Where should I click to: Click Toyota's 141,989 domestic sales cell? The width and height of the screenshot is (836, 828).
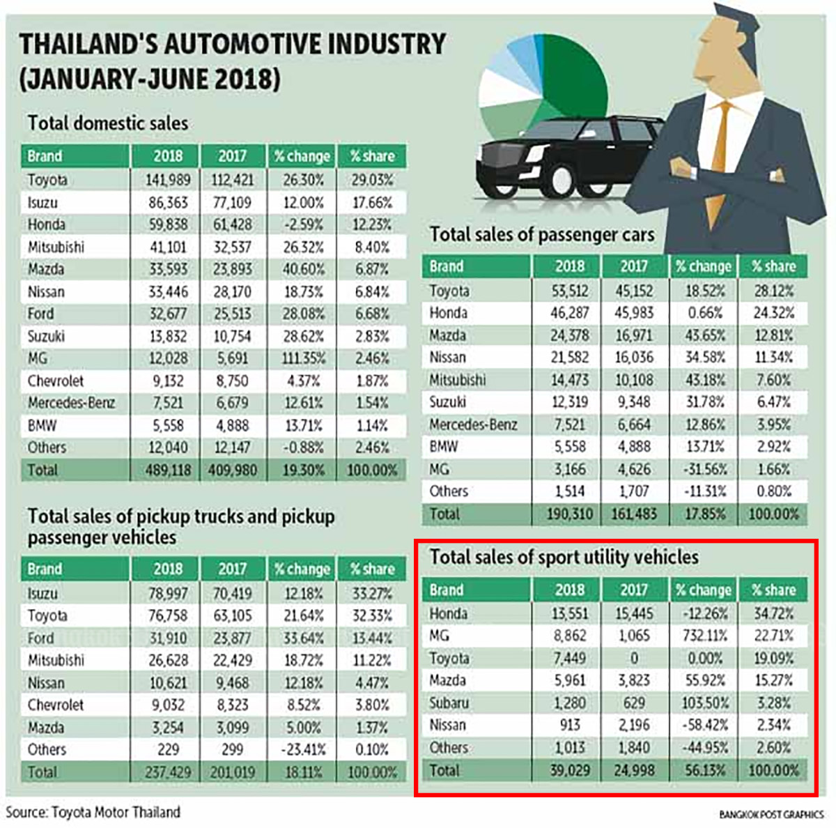(167, 180)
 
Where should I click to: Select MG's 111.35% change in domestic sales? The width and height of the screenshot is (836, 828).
(303, 358)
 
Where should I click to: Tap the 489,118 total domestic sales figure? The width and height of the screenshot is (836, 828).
(167, 470)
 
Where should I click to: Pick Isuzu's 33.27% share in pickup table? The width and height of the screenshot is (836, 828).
(372, 594)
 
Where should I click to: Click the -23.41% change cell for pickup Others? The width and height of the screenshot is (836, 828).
(303, 750)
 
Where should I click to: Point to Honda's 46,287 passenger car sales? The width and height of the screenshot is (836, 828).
(569, 313)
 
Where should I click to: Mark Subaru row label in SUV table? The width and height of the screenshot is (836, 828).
(449, 703)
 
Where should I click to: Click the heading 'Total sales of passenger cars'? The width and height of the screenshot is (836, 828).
(542, 235)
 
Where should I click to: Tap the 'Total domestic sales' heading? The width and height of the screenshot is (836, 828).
(108, 123)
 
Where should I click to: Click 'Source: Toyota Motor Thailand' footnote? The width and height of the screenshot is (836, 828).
(93, 813)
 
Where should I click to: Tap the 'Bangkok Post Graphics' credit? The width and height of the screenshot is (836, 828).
(771, 814)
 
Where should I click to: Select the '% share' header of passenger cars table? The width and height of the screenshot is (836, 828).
(773, 266)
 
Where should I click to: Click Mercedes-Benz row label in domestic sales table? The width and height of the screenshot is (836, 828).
(71, 403)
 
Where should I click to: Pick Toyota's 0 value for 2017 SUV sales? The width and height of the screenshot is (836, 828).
(634, 658)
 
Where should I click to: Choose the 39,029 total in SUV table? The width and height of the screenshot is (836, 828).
(569, 770)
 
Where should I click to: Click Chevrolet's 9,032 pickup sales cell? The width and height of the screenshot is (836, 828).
(167, 705)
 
